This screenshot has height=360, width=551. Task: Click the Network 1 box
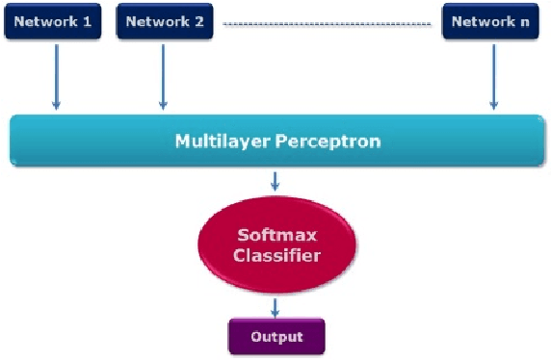click(54, 21)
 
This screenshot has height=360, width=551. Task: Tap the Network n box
click(490, 21)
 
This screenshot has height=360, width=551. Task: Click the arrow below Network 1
click(56, 74)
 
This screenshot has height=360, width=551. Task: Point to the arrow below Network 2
click(163, 74)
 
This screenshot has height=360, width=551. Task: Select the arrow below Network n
click(493, 74)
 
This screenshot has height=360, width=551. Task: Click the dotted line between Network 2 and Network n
click(328, 23)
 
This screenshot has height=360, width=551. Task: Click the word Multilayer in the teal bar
click(222, 141)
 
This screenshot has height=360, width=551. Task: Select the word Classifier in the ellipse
click(277, 257)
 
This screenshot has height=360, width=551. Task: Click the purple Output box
click(276, 336)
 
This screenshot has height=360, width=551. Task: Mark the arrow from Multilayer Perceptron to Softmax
click(276, 181)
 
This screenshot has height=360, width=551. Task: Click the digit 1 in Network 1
click(87, 21)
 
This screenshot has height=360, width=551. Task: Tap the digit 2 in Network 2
click(197, 21)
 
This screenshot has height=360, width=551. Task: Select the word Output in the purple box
click(276, 337)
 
